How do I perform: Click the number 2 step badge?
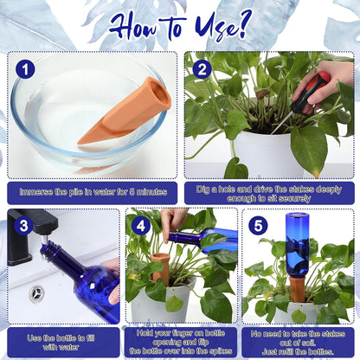click(202, 68)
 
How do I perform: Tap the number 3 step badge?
click(23, 226)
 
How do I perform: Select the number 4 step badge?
click(141, 226)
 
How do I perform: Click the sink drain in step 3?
click(37, 293)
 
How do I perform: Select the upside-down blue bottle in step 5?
click(297, 247)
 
